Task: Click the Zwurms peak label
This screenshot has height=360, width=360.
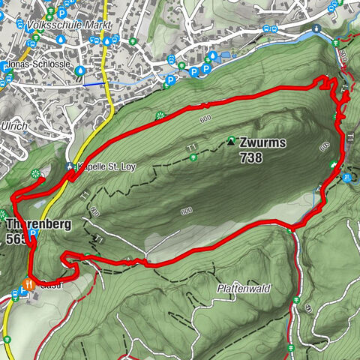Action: click(x=263, y=142)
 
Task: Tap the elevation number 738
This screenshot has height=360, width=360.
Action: click(x=252, y=157)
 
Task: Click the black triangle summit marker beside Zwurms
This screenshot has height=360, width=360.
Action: click(x=231, y=140)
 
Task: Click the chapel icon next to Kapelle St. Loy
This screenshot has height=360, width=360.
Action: click(x=70, y=166)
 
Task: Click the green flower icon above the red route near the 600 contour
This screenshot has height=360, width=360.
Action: click(x=160, y=115)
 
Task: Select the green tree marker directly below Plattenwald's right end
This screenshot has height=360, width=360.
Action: click(x=297, y=301)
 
